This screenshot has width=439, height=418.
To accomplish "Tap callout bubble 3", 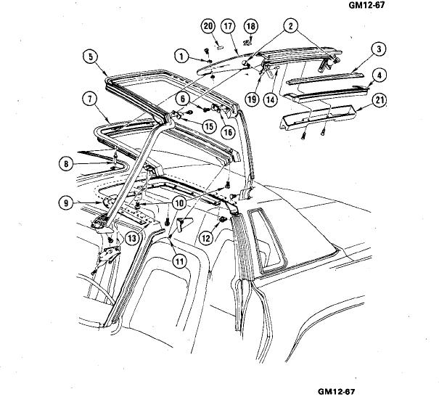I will [x=379, y=50].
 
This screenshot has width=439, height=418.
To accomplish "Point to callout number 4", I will [x=379, y=75].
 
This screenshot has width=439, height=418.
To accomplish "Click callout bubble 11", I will [x=178, y=260].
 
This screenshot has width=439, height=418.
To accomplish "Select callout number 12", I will [x=207, y=237].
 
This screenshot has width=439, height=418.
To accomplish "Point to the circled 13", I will [x=132, y=238].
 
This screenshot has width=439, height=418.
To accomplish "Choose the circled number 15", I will [x=209, y=126].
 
